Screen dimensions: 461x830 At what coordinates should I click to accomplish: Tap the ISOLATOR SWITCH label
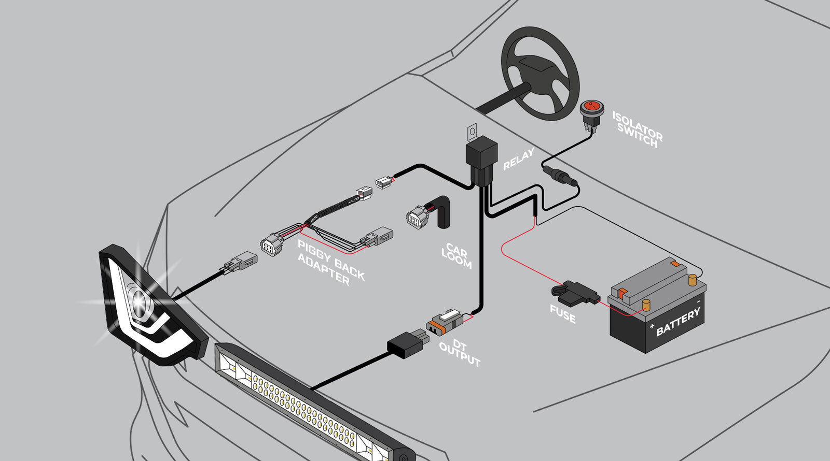click(x=638, y=129)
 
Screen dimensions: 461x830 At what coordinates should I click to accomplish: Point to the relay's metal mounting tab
click(x=472, y=132)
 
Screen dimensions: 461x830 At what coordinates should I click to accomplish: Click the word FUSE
click(x=563, y=313)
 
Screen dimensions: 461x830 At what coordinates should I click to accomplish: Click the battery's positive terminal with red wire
click(x=646, y=305)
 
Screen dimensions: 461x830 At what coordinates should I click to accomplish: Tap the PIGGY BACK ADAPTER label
click(x=331, y=262)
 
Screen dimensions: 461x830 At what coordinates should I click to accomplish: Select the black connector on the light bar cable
click(x=408, y=343)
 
